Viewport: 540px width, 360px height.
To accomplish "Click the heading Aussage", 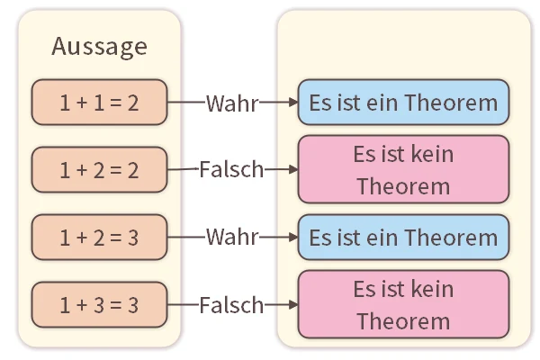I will click(x=99, y=46).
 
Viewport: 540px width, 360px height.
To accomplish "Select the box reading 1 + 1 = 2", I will click(x=99, y=103).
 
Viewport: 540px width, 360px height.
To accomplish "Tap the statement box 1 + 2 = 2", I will click(x=99, y=170).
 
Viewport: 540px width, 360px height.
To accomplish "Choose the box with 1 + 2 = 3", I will click(x=99, y=238).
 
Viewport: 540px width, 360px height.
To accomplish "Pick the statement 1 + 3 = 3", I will click(x=99, y=305).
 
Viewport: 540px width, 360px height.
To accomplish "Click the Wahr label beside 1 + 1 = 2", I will click(x=232, y=103).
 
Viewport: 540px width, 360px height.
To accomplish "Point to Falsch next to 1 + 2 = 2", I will click(x=231, y=169).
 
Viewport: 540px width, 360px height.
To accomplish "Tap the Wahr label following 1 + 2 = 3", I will click(x=232, y=238).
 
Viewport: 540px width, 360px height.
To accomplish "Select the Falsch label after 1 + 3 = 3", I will click(x=231, y=305).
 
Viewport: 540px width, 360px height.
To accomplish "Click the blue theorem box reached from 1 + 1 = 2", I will click(x=403, y=103).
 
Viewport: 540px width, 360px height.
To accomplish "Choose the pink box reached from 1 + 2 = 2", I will click(x=403, y=170).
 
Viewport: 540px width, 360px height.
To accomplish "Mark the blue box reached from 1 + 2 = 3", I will click(x=403, y=238).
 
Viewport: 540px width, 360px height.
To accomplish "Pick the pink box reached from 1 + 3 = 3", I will click(x=403, y=305).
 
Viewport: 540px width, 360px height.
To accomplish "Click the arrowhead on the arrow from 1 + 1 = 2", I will click(x=292, y=103).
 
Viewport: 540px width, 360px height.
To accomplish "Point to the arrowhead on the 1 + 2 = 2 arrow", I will click(x=292, y=169).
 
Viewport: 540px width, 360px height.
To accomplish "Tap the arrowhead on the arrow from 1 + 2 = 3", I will click(x=292, y=238).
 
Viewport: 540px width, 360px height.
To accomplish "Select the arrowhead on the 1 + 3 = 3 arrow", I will click(x=292, y=305).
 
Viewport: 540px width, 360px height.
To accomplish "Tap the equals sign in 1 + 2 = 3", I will click(x=116, y=238).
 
